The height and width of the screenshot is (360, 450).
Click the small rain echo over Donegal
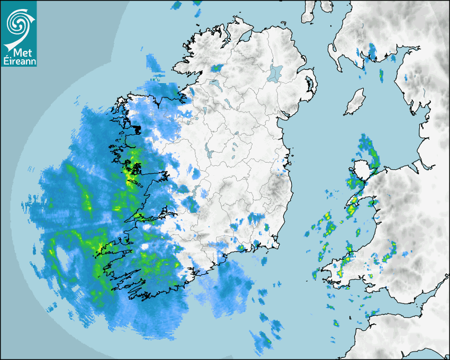(x=217, y=68)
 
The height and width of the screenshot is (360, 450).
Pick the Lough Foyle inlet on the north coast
(x=244, y=37)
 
